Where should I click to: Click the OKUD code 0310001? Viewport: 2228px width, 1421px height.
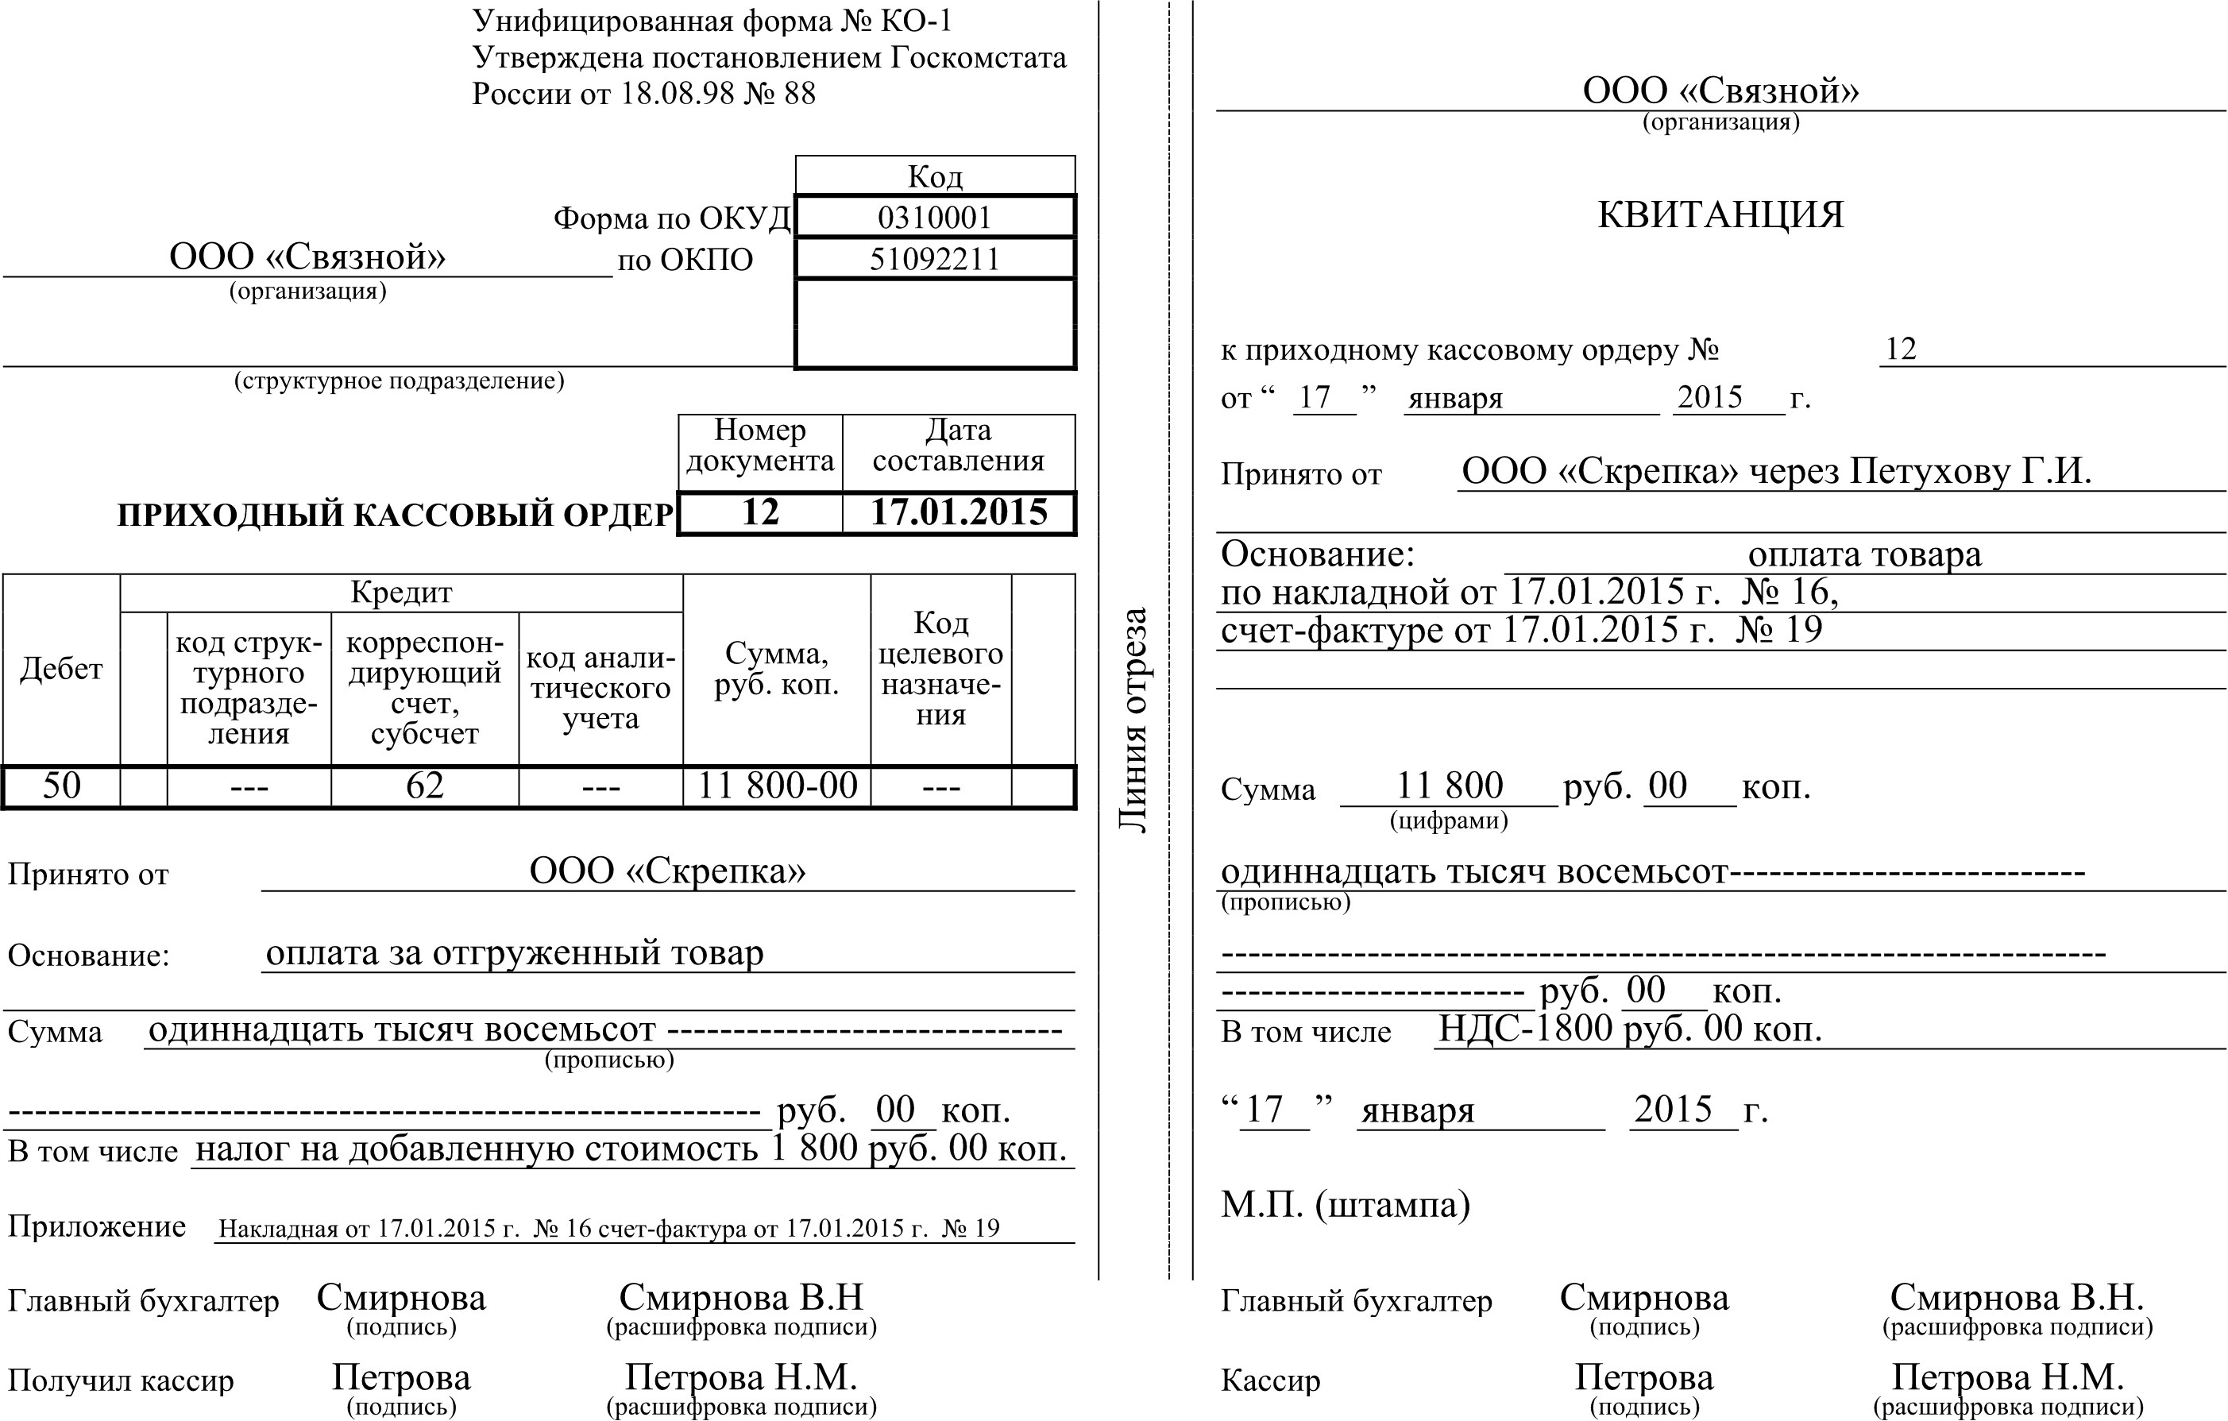pos(935,218)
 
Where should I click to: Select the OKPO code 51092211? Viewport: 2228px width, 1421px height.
pos(935,259)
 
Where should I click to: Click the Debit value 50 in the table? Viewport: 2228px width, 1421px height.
pos(61,786)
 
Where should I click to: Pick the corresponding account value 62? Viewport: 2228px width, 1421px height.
pos(425,786)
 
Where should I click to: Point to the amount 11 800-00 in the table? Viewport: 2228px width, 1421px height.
pos(777,786)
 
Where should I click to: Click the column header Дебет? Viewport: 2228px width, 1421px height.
pos(61,669)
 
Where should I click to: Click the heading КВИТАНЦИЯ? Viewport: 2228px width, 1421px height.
pos(1720,214)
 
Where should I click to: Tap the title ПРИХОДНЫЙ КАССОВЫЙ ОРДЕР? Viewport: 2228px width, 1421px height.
pos(395,515)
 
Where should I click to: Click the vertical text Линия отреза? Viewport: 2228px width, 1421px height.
pos(1134,720)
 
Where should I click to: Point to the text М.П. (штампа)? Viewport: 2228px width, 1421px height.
pos(1346,1204)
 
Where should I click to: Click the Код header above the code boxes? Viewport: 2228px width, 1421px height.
pos(935,176)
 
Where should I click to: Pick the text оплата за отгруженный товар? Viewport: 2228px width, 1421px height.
pos(515,953)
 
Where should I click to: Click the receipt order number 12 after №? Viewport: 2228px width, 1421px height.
pos(1901,349)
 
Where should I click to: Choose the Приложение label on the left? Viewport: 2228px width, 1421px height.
pos(97,1226)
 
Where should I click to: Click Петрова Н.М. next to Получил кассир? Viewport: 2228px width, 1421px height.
pos(740,1377)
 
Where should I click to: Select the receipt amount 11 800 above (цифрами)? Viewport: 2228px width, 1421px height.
pos(1449,786)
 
